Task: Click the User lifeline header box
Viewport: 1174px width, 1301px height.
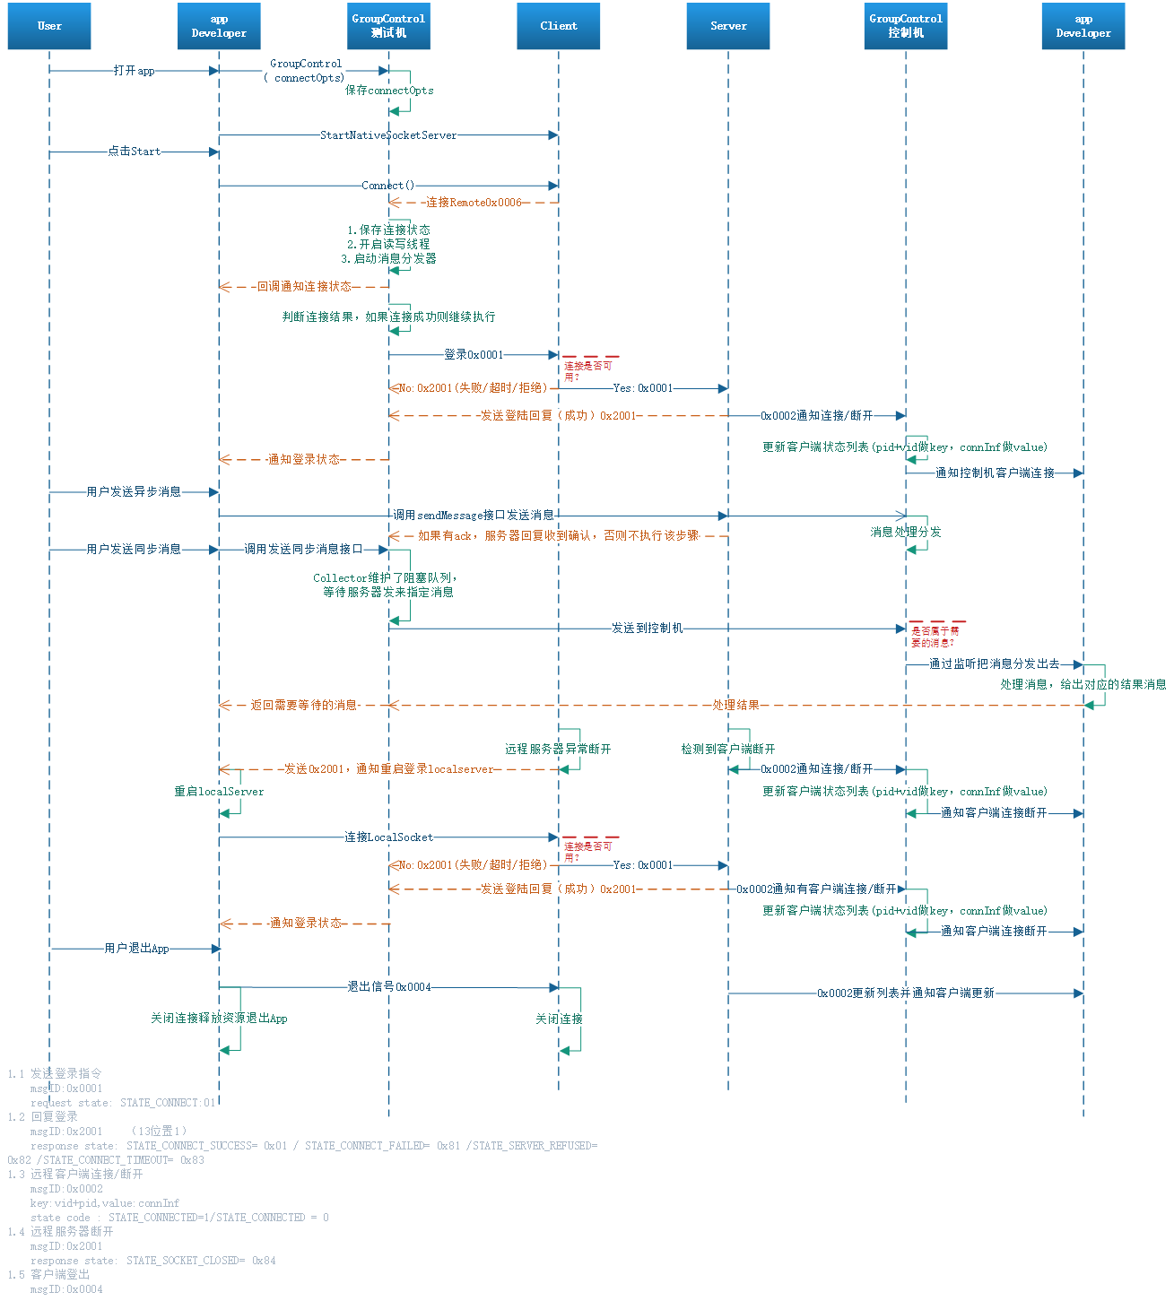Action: (49, 26)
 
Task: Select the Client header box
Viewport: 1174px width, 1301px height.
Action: (558, 26)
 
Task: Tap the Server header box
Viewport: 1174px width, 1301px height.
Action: (728, 26)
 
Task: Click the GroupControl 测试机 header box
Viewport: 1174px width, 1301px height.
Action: (388, 26)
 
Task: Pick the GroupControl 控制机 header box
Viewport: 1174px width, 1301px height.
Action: (906, 26)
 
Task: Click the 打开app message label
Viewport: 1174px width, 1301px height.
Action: (134, 71)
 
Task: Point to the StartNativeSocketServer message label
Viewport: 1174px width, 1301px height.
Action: (388, 135)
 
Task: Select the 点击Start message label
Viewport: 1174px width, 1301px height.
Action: (134, 152)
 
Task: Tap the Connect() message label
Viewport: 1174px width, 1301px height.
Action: (388, 186)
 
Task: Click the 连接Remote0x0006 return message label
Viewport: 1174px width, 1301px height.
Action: (474, 203)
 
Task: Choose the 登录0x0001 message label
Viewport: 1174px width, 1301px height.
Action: (474, 355)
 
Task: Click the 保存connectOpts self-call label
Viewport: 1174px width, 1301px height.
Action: (389, 91)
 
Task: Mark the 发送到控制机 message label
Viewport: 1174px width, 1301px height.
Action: (647, 629)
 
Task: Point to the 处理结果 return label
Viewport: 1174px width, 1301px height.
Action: (735, 706)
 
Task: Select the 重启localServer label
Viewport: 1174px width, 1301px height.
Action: (219, 792)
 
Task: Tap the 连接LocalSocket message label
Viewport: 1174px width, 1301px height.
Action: (388, 837)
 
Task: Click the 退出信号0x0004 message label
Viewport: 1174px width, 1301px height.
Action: (389, 987)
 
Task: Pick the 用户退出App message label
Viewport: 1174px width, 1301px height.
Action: (136, 949)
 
